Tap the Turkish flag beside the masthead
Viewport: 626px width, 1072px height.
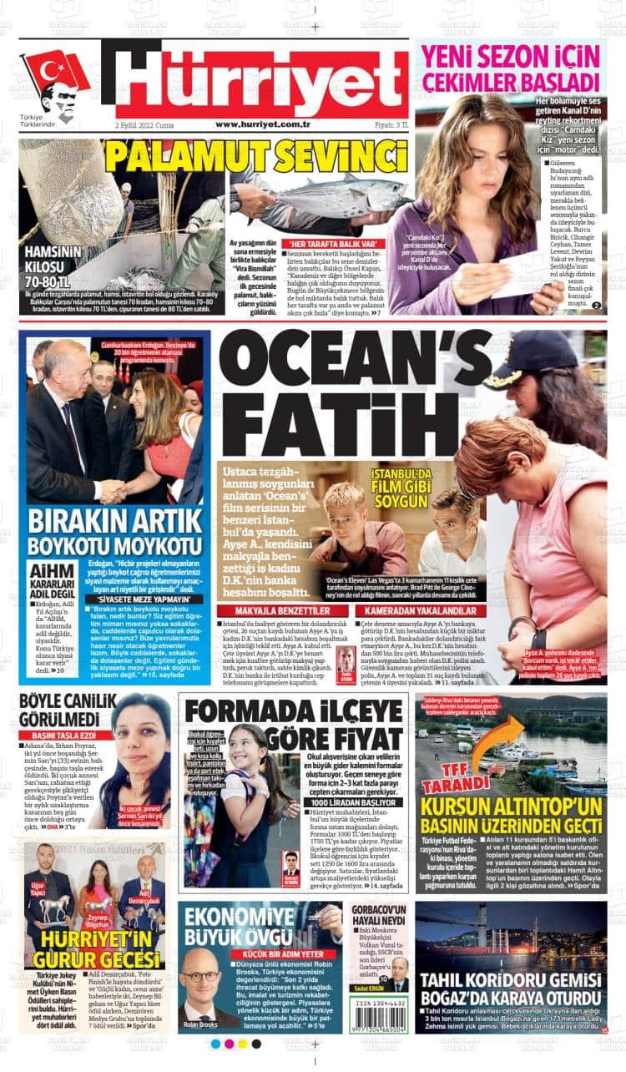[54, 72]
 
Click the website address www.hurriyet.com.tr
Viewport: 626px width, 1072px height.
[263, 124]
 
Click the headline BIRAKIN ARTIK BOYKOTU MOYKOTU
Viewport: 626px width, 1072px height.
[115, 533]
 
